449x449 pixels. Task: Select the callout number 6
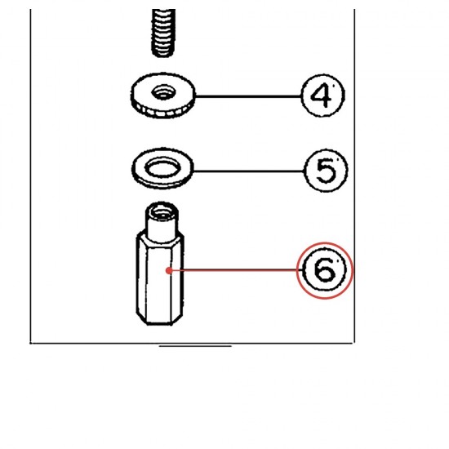point(324,270)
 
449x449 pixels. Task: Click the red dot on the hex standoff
point(169,270)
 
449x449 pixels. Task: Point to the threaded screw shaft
point(163,33)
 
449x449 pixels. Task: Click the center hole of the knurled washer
point(163,92)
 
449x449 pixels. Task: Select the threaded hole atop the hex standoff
point(162,212)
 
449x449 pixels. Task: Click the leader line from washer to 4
point(248,96)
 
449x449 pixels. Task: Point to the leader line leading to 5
point(249,171)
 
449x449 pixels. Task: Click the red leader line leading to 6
point(235,270)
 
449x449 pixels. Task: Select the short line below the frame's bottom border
point(195,346)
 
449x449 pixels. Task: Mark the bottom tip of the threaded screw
point(163,56)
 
